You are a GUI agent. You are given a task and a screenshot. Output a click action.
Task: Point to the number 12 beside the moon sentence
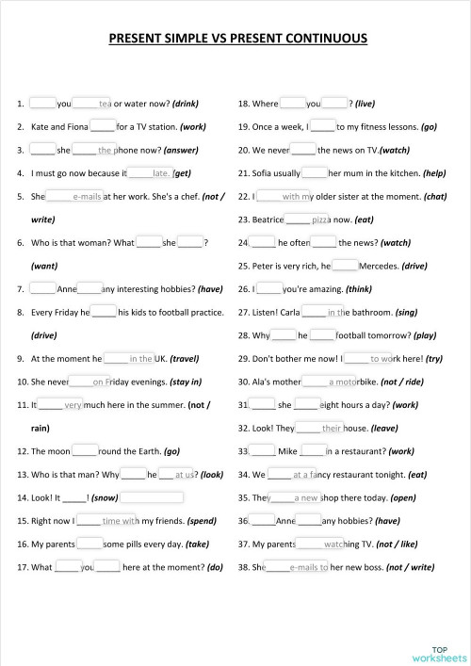(x=23, y=451)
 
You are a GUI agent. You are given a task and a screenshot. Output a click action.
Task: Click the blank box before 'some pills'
(x=89, y=544)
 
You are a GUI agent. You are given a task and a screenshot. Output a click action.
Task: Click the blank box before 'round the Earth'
(x=84, y=450)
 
